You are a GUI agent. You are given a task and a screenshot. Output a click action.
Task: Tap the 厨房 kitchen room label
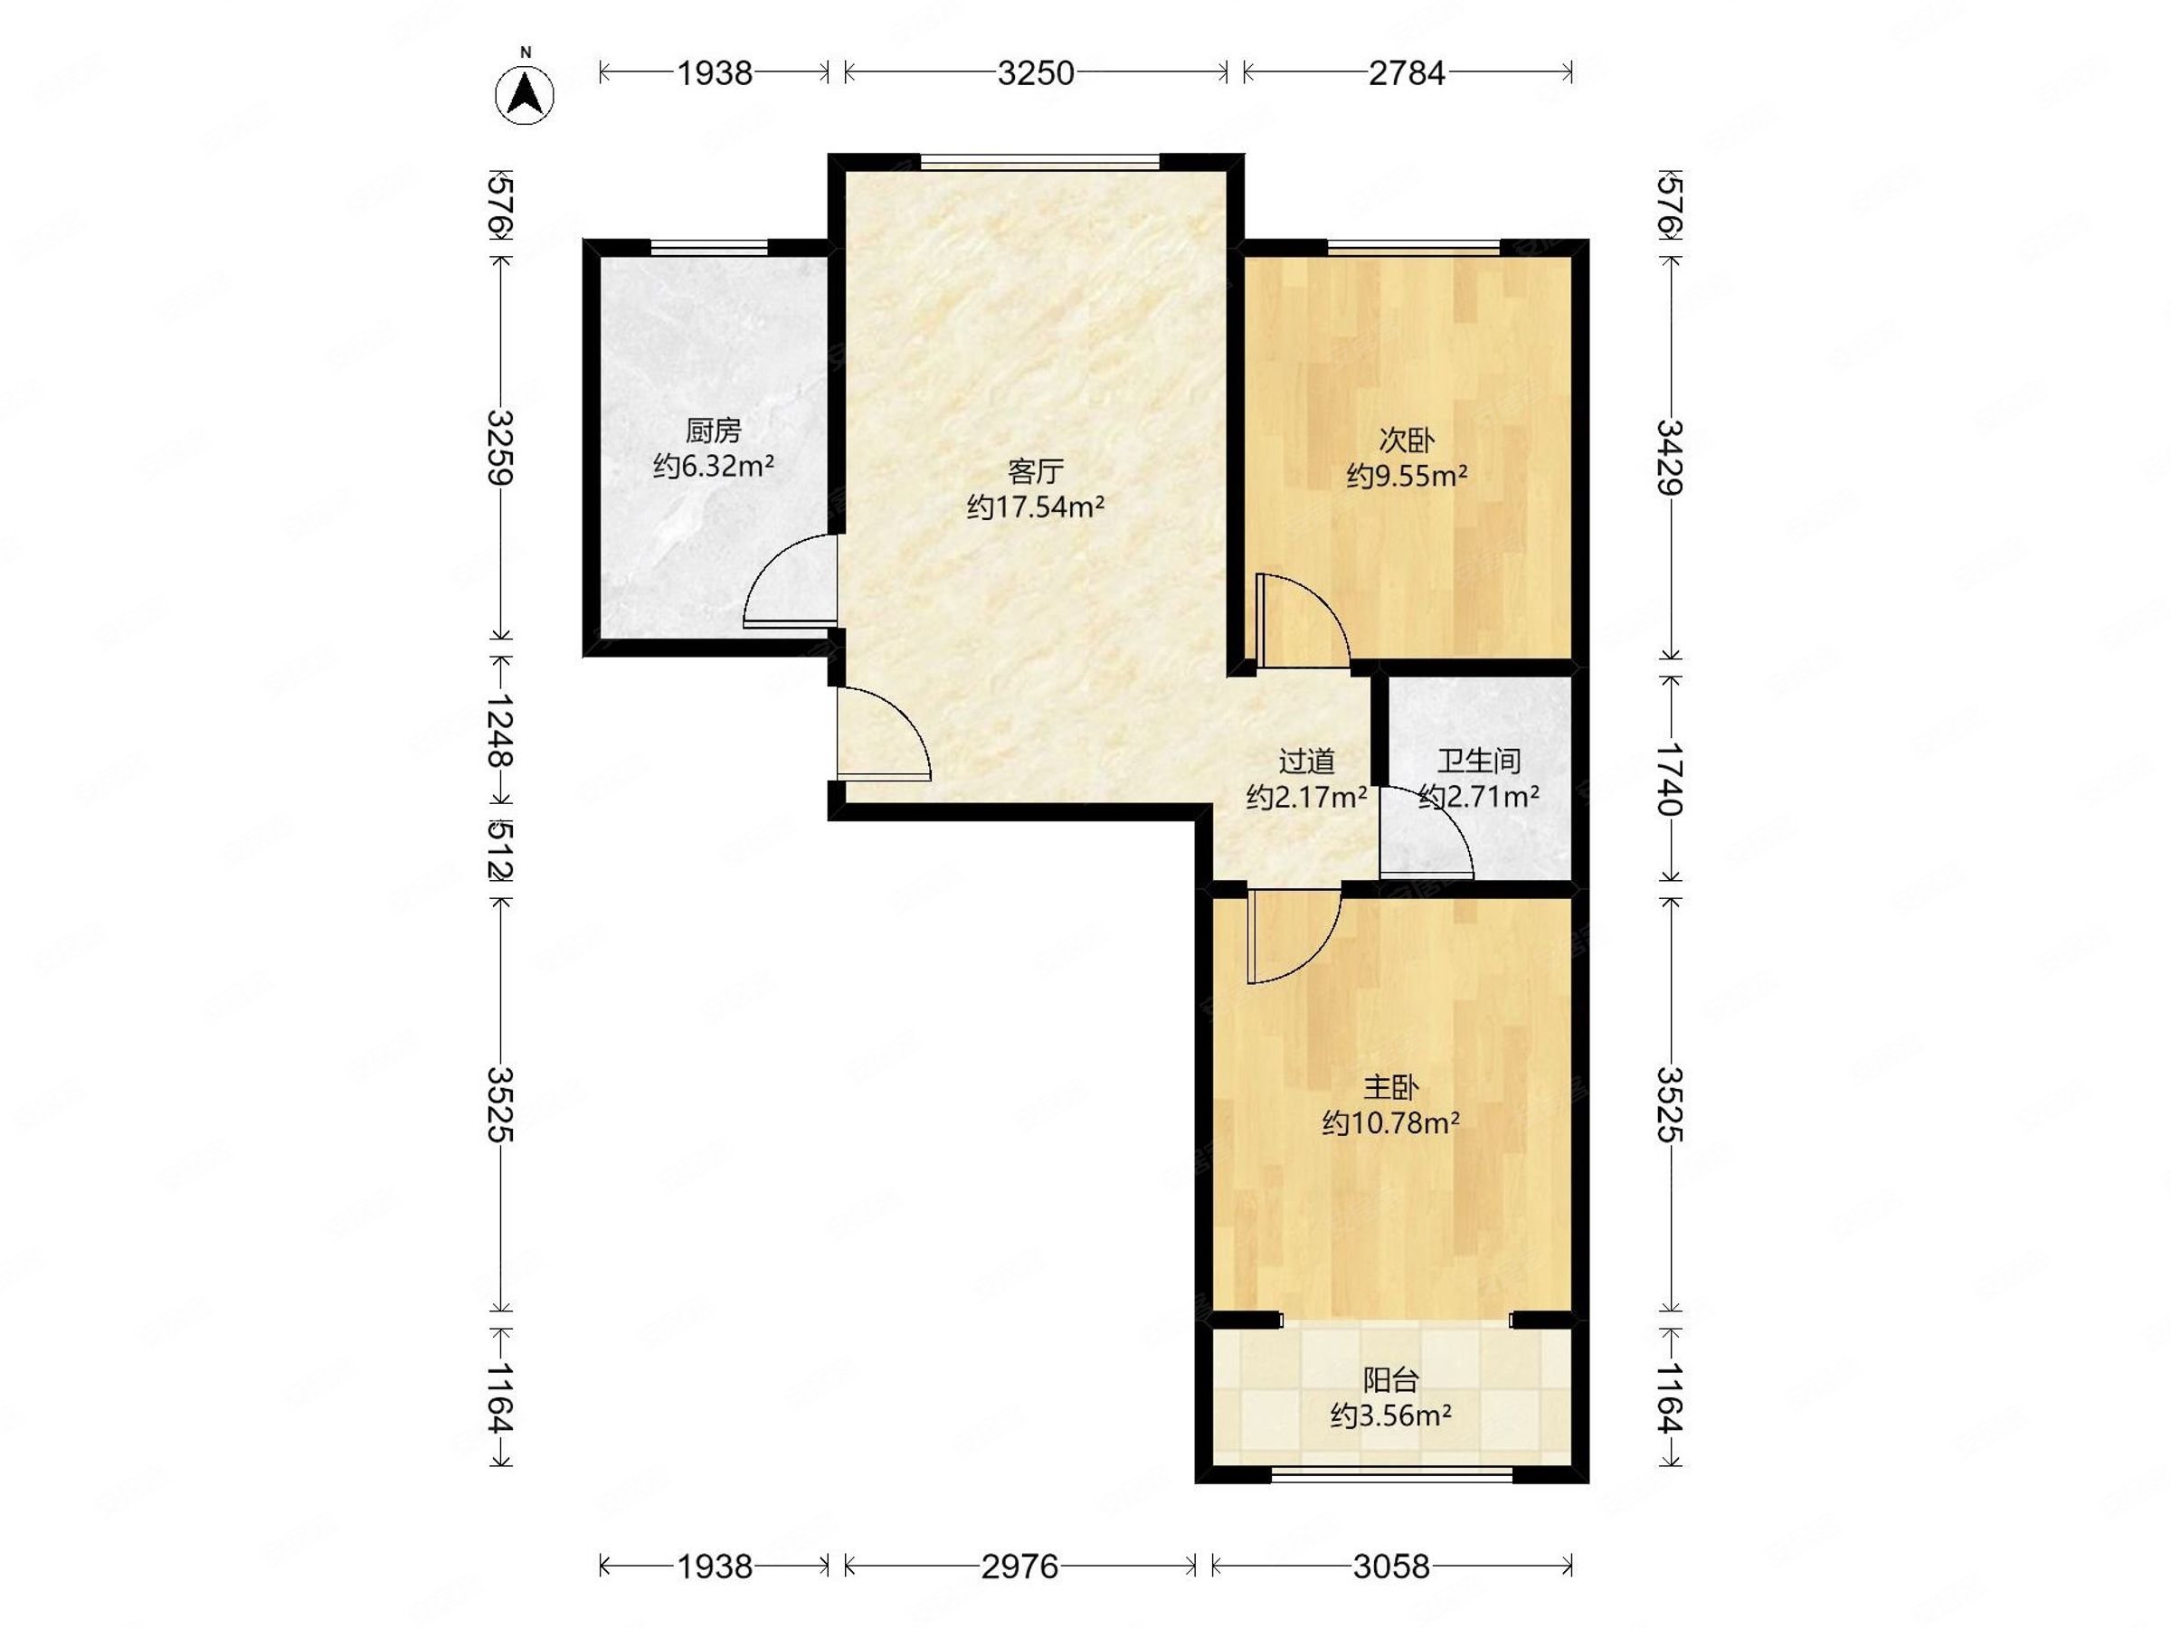(713, 430)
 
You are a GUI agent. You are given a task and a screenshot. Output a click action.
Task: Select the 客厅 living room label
(1036, 472)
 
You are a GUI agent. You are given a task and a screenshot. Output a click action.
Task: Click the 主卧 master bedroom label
(1390, 1087)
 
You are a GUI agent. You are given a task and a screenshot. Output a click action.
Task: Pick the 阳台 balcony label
(1390, 1381)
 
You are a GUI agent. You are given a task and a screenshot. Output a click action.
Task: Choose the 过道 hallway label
(1306, 761)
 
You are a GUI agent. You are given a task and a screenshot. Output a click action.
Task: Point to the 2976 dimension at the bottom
(1019, 1567)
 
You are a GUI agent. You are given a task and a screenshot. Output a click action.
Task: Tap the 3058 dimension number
(1392, 1567)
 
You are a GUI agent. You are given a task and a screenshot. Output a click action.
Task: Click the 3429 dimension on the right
(1670, 458)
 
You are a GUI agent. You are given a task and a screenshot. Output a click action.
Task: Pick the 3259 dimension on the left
(501, 447)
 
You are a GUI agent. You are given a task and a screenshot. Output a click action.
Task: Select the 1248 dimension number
(501, 730)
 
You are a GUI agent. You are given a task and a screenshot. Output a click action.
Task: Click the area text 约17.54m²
(1036, 507)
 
